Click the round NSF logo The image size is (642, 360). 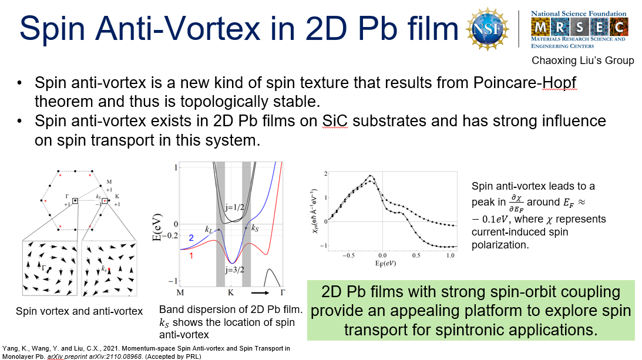pos(488,29)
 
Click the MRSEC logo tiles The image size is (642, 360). pos(579,28)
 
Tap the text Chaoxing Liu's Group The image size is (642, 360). pos(583,60)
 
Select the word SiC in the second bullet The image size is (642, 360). pos(335,121)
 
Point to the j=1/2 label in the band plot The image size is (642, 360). pos(234,207)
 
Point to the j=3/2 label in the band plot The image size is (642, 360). pos(234,270)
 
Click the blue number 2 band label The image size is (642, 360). pos(191,238)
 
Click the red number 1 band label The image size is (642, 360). pos(191,255)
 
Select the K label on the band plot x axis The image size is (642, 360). pos(231,292)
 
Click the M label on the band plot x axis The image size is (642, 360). pos(180,292)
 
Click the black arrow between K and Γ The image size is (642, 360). pos(260,293)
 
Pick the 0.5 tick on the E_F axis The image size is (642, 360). pos(416,255)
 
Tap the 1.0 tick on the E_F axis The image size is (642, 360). pos(450,255)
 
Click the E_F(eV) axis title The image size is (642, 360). pos(385,263)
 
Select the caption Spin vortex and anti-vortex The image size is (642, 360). pos(79,311)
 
